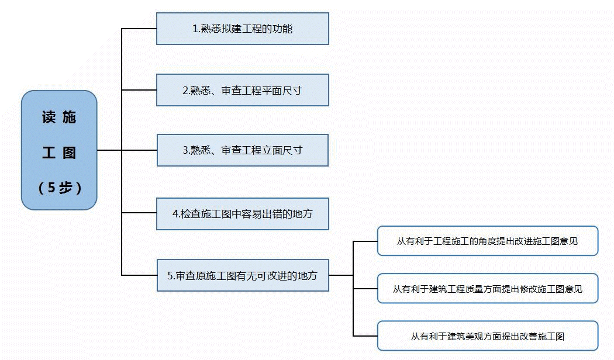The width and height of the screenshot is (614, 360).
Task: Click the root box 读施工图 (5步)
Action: coord(59,150)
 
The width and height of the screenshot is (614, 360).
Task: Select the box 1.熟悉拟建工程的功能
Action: coord(242,29)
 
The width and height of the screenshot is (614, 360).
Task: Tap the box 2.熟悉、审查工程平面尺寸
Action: coord(242,90)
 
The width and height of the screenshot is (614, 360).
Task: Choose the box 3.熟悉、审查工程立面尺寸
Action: coord(242,150)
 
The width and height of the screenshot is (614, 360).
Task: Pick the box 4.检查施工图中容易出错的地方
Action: coord(242,214)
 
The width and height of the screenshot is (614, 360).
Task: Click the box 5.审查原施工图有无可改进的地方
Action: coord(242,275)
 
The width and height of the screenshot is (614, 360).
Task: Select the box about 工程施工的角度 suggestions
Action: coord(487,241)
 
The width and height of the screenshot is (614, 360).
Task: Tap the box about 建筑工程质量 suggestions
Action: coord(487,288)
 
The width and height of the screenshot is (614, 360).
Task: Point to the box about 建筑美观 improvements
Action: coord(487,336)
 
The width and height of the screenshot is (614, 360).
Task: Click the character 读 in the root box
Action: coord(49,117)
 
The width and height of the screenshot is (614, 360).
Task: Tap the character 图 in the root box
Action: coord(69,153)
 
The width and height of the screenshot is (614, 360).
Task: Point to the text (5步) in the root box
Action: coord(59,188)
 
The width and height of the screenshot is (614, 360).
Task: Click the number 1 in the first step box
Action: coord(195,29)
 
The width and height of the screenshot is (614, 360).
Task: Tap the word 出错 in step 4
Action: coord(271,214)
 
